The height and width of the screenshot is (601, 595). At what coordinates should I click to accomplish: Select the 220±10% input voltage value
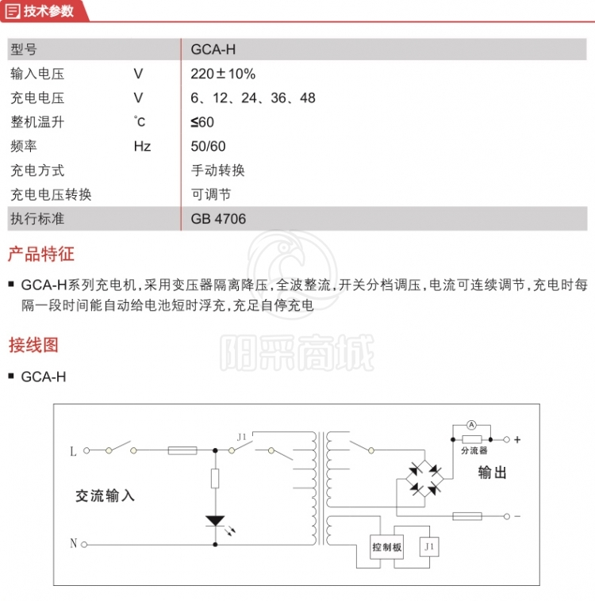coord(223,75)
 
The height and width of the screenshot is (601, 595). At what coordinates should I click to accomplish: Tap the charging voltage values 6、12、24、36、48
coord(253,98)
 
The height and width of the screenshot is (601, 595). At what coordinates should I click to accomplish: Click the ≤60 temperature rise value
coord(202,122)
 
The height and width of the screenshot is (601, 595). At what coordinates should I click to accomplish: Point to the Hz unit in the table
coord(142,146)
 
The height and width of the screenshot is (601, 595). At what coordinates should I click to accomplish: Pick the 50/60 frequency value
coord(209,146)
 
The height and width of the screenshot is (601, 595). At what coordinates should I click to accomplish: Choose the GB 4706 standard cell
coord(218,218)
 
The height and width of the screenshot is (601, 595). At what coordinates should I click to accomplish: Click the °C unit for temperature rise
coord(140,122)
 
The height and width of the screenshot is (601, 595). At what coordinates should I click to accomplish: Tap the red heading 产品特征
coord(40,255)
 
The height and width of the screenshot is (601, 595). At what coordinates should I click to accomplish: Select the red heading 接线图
coord(33,346)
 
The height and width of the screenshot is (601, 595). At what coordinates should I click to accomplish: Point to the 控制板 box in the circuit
coord(387,547)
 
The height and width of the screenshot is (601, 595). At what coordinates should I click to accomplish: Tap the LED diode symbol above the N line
coord(215,520)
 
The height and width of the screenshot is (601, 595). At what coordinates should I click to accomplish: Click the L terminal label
coord(74,451)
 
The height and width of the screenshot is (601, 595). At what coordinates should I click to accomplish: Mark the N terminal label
coord(74,544)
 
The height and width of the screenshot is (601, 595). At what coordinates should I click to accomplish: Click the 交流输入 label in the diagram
coord(106,496)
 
